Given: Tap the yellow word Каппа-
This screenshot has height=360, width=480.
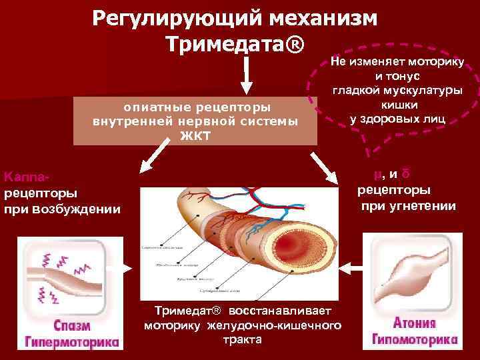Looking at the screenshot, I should pos(27,177).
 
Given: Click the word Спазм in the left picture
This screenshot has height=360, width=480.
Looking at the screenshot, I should pos(72,327).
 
